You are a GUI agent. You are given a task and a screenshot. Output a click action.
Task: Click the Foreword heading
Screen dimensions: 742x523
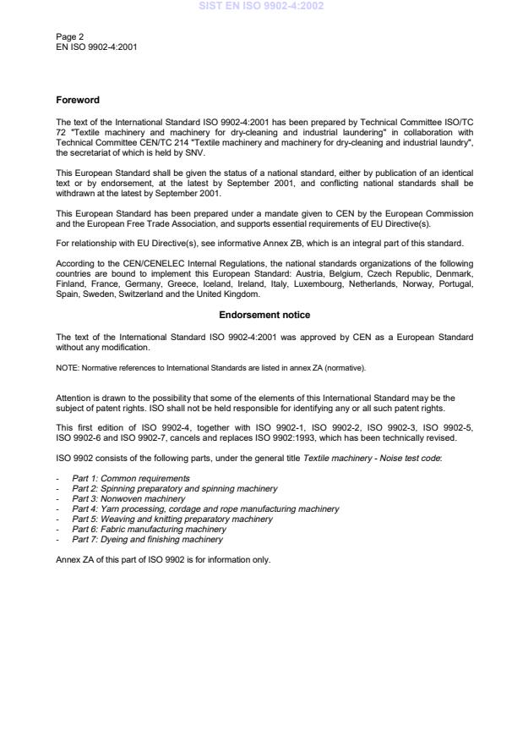(77, 100)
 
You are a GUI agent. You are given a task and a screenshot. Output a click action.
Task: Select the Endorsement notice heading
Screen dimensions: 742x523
(264, 315)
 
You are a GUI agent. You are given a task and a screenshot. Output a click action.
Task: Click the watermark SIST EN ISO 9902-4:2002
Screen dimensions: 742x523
(261, 6)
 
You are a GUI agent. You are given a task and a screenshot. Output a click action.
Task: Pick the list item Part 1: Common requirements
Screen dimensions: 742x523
(131, 479)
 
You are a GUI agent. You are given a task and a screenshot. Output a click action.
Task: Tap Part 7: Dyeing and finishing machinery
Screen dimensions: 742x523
(148, 540)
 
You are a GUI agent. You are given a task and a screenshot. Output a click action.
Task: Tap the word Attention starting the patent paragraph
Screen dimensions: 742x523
(73, 398)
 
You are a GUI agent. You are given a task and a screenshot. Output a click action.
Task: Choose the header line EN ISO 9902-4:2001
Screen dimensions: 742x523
(95, 47)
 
